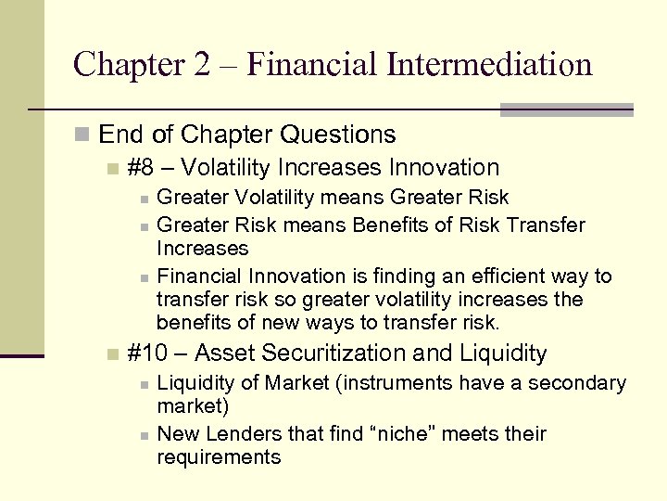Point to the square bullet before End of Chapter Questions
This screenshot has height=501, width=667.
point(83,135)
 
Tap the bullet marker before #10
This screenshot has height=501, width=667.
point(112,354)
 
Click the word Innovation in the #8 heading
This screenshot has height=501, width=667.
point(444,168)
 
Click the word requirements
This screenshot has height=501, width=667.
point(219,457)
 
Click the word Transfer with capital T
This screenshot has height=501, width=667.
point(551,225)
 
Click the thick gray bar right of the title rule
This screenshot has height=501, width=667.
point(566,109)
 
